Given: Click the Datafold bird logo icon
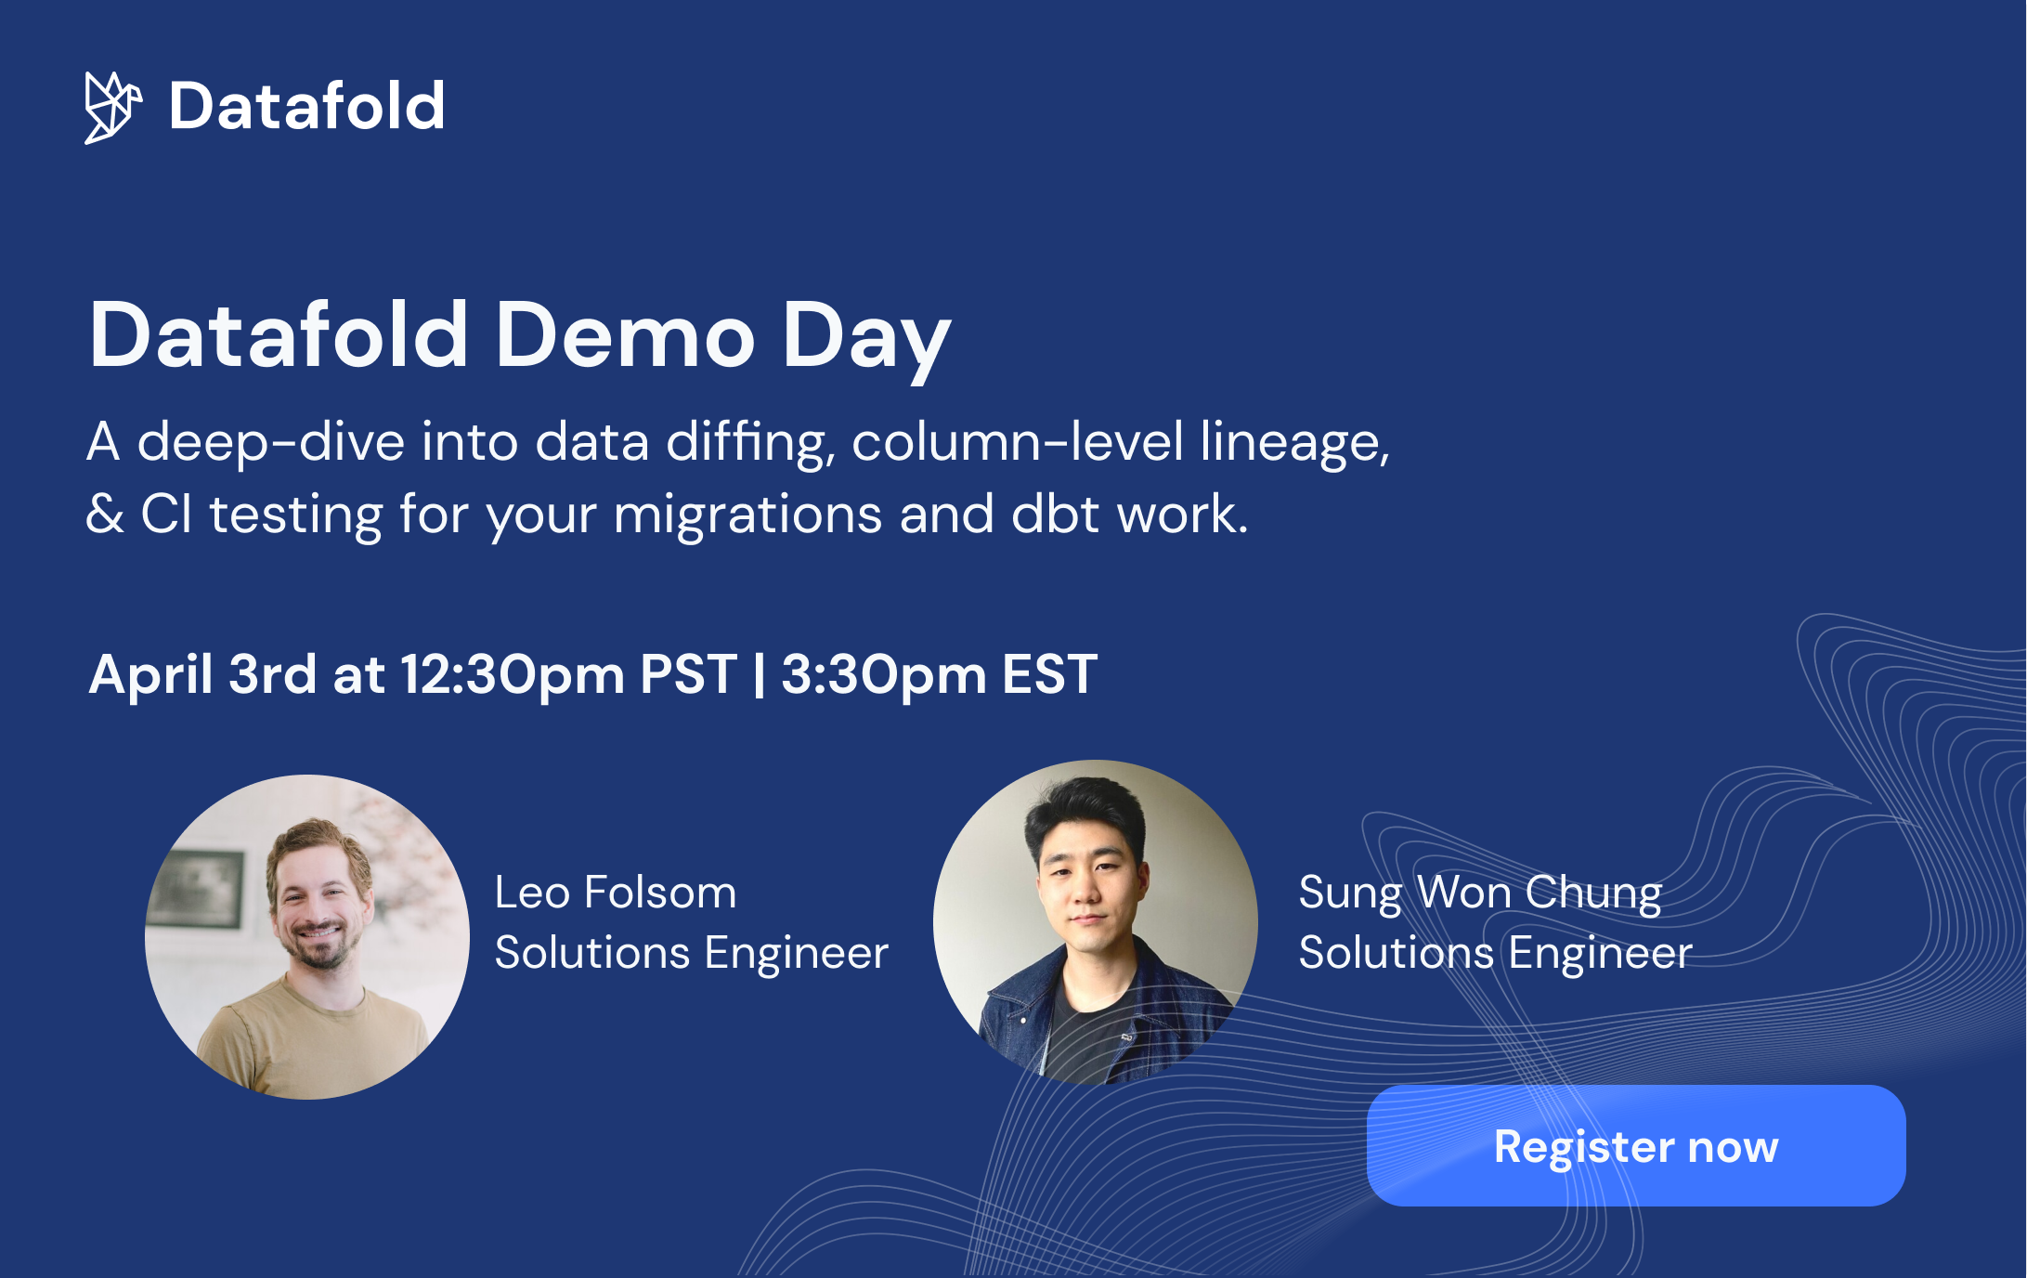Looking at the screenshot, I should pyautogui.click(x=112, y=107).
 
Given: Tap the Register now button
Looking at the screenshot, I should pyautogui.click(x=1635, y=1145).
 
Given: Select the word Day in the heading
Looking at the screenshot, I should pyautogui.click(x=865, y=336).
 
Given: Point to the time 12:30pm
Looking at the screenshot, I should pyautogui.click(x=513, y=674).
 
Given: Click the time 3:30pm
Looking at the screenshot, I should pyautogui.click(x=883, y=674).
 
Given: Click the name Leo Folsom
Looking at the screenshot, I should pyautogui.click(x=615, y=893).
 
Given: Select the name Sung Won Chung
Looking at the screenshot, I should pyautogui.click(x=1480, y=893).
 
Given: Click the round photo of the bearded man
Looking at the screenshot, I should pyautogui.click(x=307, y=936).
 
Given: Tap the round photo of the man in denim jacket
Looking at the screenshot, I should pyautogui.click(x=1096, y=921).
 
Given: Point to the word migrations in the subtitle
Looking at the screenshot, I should pyautogui.click(x=747, y=515).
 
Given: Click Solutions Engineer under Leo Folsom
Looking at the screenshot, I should pyautogui.click(x=691, y=953).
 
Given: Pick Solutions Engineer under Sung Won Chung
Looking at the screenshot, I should pyautogui.click(x=1495, y=953).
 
